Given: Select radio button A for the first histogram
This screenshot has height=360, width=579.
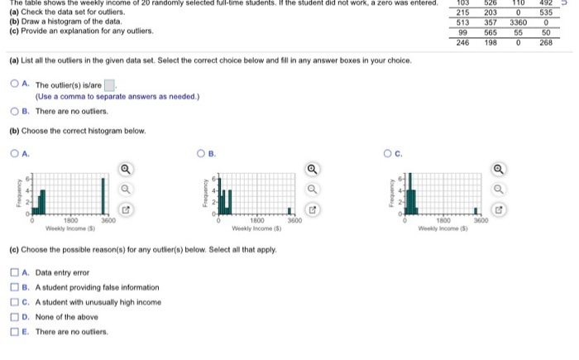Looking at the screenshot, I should [14, 151].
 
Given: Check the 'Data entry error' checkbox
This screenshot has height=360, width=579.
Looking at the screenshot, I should [14, 272].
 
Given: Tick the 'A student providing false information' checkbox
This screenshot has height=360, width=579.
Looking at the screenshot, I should [14, 287].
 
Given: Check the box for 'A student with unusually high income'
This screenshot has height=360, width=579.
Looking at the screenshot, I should [14, 301].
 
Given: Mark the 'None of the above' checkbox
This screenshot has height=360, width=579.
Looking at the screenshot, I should [14, 315].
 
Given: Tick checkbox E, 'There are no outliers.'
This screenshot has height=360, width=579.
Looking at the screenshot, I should [14, 330].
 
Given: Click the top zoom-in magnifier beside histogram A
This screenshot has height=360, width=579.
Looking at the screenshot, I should [125, 170].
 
